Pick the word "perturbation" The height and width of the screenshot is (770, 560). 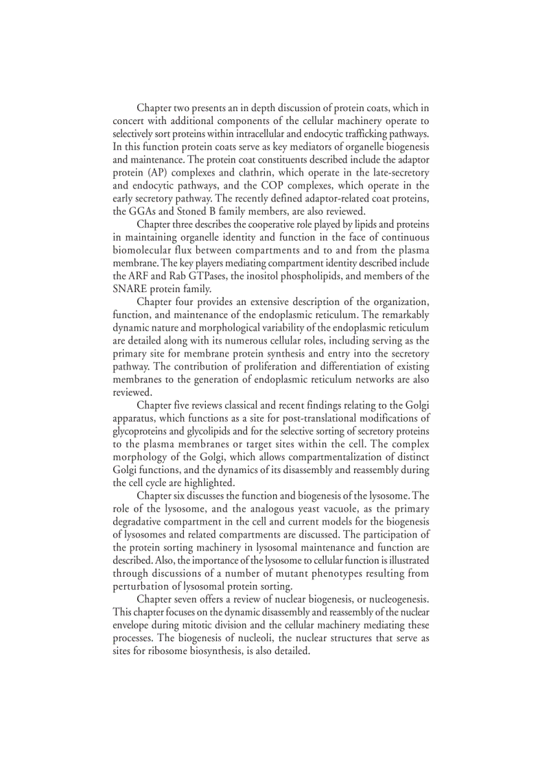[144, 586]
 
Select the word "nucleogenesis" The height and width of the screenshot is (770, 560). [391, 599]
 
